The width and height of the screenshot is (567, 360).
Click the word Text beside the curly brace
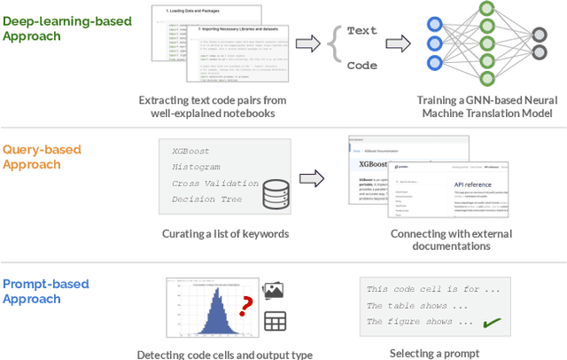pyautogui.click(x=361, y=31)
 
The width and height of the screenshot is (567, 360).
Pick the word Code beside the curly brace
pyautogui.click(x=361, y=65)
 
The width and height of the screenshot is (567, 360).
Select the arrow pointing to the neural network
pyautogui.click(x=398, y=43)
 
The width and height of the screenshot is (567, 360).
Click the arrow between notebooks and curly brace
pyautogui.click(x=307, y=43)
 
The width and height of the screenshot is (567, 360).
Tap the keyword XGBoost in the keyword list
pyautogui.click(x=192, y=152)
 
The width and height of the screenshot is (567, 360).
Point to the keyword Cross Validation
pyautogui.click(x=214, y=184)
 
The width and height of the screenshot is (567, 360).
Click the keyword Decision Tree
pyautogui.click(x=206, y=200)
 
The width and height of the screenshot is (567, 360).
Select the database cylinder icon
pyautogui.click(x=276, y=194)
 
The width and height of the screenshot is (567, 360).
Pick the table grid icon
pyautogui.click(x=275, y=321)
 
